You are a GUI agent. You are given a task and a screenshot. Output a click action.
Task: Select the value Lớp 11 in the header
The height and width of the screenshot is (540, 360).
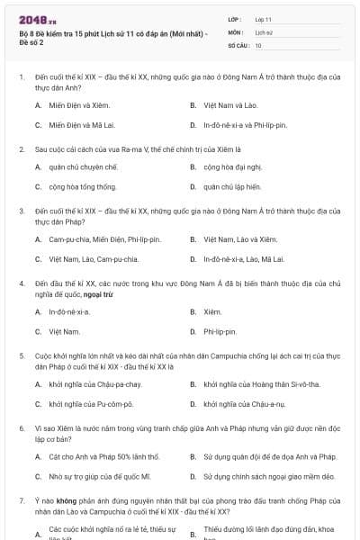263,19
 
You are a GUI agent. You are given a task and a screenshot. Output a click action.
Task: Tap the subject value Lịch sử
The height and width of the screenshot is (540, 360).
263,31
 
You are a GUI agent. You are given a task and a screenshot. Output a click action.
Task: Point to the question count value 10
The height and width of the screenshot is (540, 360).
258,44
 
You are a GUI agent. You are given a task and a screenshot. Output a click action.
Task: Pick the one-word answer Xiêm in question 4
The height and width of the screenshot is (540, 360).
212,311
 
